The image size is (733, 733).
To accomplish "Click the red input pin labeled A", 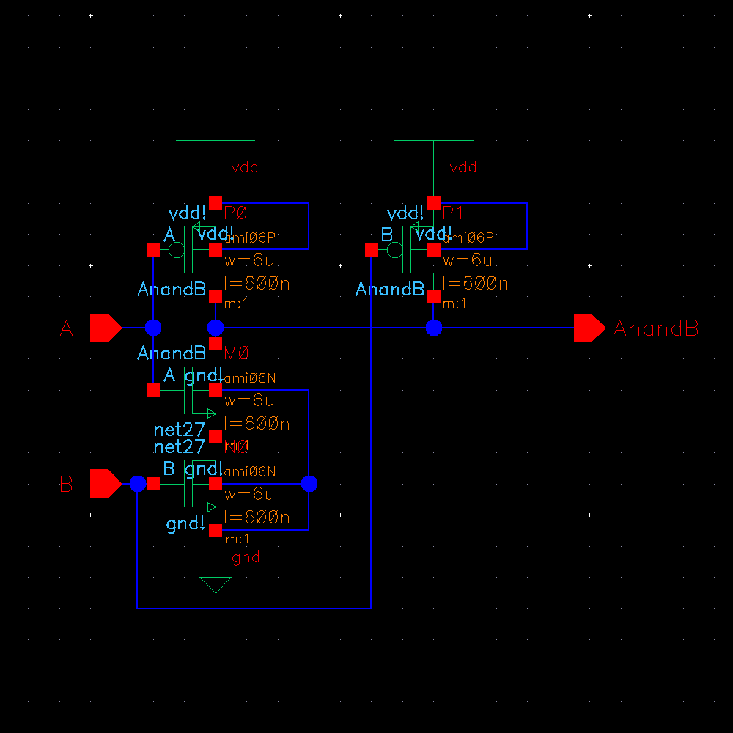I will click(x=105, y=328).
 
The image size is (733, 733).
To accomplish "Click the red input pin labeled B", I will click(x=105, y=484).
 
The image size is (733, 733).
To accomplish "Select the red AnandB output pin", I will click(x=589, y=328).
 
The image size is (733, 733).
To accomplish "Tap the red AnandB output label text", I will click(x=655, y=328).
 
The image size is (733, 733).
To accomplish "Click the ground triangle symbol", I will click(x=216, y=584).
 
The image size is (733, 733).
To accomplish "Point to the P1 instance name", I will click(x=454, y=213).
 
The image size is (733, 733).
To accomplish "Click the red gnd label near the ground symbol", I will click(x=246, y=558).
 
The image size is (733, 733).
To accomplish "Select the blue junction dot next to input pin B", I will click(x=137, y=484).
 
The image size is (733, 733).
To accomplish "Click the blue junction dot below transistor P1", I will click(x=434, y=328).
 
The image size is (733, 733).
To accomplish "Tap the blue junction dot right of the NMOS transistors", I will click(x=309, y=484).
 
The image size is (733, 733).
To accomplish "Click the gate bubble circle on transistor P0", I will click(x=176, y=250).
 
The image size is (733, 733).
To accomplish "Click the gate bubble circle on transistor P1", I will click(x=394, y=250).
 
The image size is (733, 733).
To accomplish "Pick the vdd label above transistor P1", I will click(x=463, y=167).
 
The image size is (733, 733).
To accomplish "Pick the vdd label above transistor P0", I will click(x=245, y=167).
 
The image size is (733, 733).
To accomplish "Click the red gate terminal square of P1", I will click(x=371, y=250).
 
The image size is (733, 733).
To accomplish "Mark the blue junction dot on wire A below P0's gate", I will click(x=153, y=328).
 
